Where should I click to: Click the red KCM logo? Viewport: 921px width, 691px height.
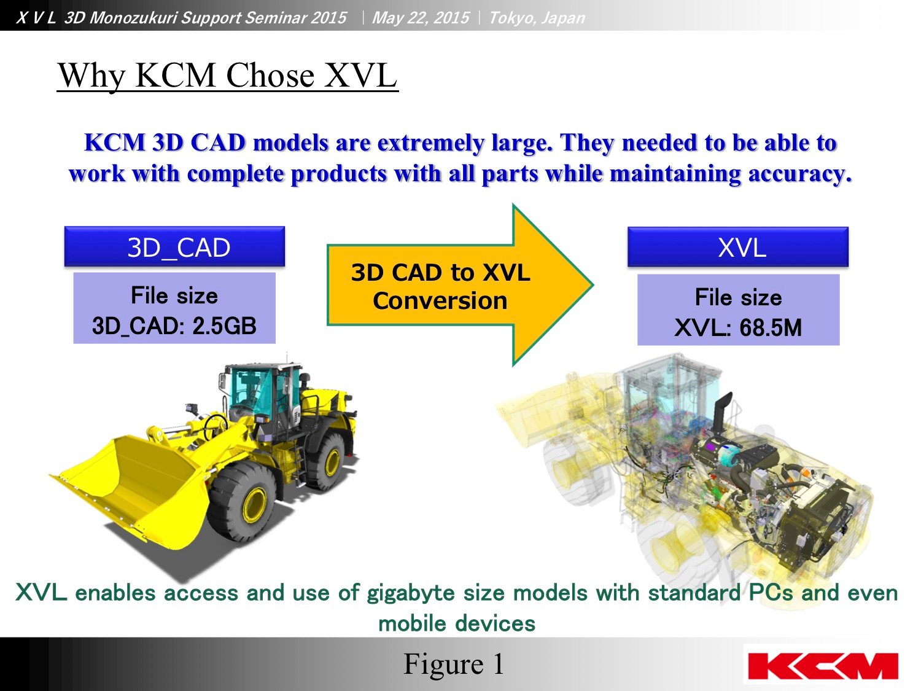click(822, 666)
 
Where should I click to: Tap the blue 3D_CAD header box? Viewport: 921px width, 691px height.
click(174, 247)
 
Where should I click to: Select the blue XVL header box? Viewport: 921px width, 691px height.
click(737, 247)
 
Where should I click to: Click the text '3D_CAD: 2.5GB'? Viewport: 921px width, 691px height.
click(174, 326)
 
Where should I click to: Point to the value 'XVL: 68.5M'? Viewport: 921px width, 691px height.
click(738, 327)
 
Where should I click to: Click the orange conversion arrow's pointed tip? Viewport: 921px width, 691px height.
click(593, 285)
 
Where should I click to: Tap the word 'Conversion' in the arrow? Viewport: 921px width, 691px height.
click(440, 300)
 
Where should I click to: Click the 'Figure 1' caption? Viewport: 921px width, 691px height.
click(454, 664)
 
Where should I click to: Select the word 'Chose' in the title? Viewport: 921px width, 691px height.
click(270, 76)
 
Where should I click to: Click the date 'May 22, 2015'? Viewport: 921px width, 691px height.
click(421, 18)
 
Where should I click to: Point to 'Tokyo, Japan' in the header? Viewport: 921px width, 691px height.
click(537, 18)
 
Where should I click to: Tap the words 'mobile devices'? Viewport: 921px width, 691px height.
click(457, 623)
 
